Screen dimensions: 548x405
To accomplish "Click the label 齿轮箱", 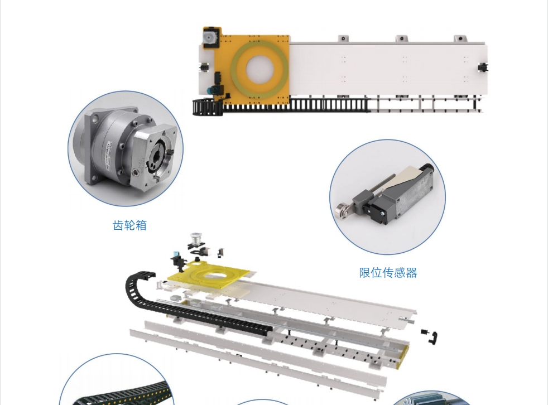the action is click(x=129, y=225).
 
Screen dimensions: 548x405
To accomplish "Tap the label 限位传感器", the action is click(x=388, y=273).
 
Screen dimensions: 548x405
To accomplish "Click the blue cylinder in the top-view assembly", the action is click(x=210, y=90).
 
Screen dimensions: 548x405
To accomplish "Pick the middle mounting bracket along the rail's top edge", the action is click(x=402, y=38).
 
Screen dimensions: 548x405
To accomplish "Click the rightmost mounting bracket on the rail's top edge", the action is click(x=460, y=38).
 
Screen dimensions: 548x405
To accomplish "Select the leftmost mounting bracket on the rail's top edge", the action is click(x=343, y=38).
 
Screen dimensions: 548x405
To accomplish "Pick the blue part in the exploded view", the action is click(x=175, y=254).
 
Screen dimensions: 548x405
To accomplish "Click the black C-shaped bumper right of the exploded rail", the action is click(x=434, y=337).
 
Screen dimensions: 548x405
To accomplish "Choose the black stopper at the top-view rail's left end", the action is click(x=204, y=67).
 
